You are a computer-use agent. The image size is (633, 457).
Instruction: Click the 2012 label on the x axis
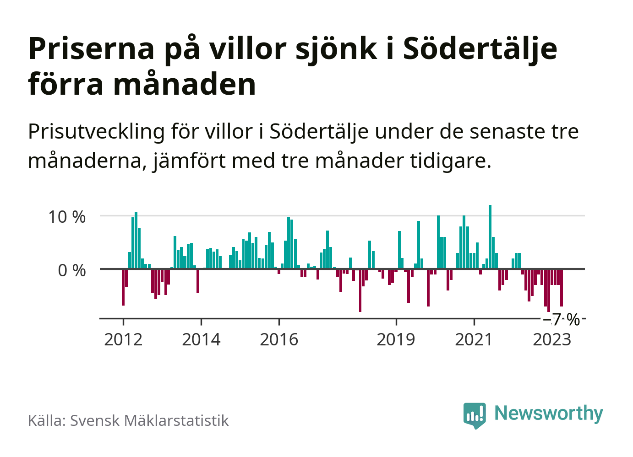(123, 340)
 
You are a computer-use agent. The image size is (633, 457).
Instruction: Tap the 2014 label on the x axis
(201, 340)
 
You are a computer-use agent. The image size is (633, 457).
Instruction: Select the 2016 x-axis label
(279, 340)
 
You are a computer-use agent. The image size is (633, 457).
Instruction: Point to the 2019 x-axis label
(396, 340)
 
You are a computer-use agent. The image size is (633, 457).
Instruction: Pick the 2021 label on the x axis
(474, 340)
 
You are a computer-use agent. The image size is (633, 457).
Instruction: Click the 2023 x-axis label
(552, 340)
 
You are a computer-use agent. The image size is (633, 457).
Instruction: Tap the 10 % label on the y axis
(67, 217)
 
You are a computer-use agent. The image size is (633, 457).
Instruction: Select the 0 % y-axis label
(72, 270)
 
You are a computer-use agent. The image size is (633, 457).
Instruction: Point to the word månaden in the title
(185, 85)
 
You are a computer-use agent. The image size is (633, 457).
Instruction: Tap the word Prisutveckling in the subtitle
(96, 132)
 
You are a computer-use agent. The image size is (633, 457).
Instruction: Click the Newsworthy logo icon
(475, 415)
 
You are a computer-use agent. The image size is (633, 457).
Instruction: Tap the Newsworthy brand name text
(549, 413)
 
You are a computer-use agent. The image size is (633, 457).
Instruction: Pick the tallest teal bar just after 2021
(490, 237)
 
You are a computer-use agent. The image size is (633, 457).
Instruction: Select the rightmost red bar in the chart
(562, 288)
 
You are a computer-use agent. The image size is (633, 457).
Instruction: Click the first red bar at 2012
(123, 287)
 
